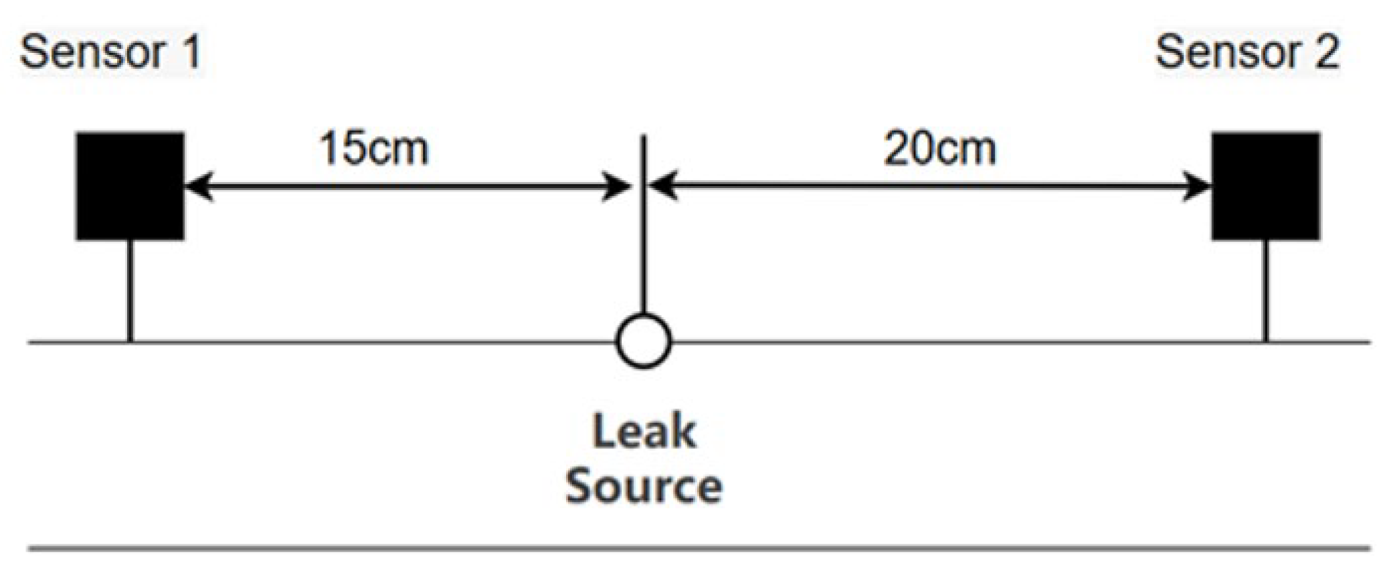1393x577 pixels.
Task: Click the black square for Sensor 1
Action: tap(130, 186)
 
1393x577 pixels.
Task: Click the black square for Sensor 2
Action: tap(1265, 186)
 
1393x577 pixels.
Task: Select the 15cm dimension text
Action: tap(374, 148)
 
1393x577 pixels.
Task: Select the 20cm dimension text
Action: tap(939, 148)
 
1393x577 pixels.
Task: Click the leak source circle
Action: tap(643, 341)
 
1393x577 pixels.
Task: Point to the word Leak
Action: tap(644, 432)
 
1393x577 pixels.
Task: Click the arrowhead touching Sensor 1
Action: tap(198, 186)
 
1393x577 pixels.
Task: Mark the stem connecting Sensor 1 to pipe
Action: tap(130, 291)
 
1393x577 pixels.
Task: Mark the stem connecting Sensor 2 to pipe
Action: tap(1265, 291)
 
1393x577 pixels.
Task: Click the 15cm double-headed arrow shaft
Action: tap(408, 186)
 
